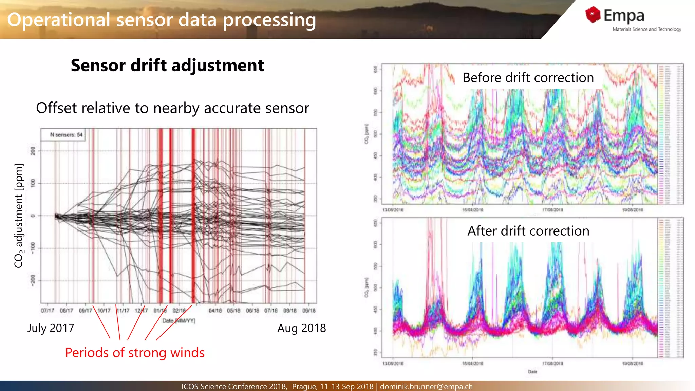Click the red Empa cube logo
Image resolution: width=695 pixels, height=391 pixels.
point(593,15)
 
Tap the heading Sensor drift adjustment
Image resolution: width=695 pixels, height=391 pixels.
point(167,65)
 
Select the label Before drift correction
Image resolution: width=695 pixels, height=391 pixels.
point(528,78)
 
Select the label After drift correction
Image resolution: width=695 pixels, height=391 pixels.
point(528,231)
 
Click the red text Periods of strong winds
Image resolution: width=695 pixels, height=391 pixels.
point(135,353)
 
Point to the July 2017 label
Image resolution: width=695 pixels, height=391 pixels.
point(51,328)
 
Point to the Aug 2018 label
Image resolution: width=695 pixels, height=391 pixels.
point(301,328)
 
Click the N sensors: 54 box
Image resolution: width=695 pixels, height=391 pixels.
point(63,135)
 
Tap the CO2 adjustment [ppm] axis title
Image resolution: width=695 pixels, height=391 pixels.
point(19,216)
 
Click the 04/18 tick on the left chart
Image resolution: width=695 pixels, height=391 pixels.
point(215,311)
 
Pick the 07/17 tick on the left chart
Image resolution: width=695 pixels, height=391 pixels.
point(48,311)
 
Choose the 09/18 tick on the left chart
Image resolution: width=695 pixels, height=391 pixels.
point(309,311)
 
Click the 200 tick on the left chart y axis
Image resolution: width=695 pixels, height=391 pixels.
point(33,151)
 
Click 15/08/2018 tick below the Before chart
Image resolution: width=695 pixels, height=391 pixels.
point(472,210)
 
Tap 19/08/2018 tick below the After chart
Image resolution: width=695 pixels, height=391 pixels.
point(632,364)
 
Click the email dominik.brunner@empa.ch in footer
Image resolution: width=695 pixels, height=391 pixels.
point(426,387)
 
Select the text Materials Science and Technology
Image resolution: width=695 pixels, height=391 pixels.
point(646,30)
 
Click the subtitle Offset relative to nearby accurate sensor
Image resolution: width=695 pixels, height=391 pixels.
point(172,108)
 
